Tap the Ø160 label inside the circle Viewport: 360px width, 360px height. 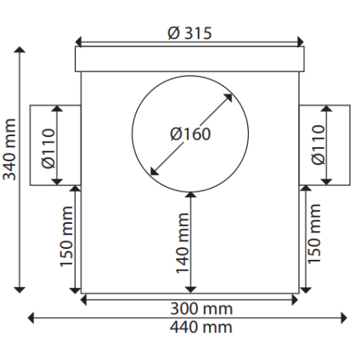pyautogui.click(x=190, y=133)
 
